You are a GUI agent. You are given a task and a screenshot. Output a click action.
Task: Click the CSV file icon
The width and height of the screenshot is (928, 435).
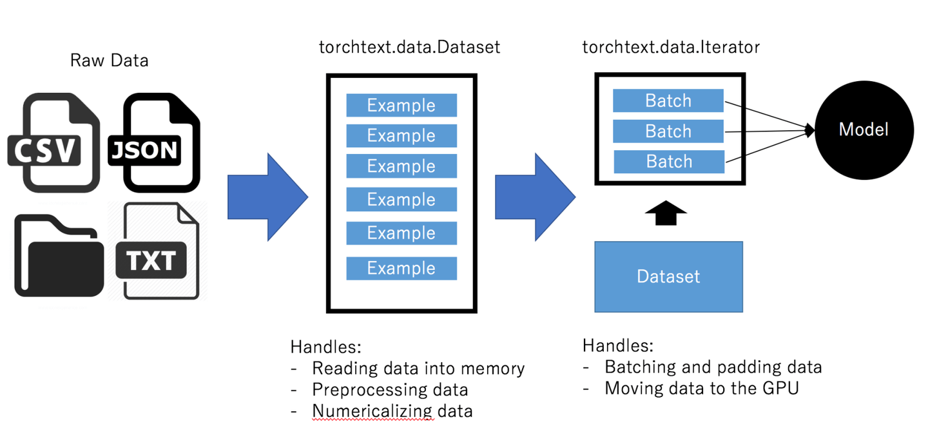(x=53, y=143)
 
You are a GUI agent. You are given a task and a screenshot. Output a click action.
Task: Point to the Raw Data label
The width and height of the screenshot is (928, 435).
(x=109, y=61)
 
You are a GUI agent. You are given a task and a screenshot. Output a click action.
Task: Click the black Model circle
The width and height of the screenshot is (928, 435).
(x=864, y=130)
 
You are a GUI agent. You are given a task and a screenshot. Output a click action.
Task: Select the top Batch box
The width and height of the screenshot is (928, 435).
(x=668, y=101)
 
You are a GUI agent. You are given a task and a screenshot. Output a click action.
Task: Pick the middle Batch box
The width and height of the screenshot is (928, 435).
(x=668, y=131)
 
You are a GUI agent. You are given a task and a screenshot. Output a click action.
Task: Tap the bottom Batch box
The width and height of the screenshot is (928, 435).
(x=669, y=162)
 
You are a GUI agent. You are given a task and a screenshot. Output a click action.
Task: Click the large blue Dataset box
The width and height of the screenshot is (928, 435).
(x=668, y=276)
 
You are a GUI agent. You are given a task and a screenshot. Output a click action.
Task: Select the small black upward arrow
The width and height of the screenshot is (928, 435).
(x=666, y=213)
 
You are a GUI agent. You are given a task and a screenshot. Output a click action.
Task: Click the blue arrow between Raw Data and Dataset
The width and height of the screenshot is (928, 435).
(x=267, y=197)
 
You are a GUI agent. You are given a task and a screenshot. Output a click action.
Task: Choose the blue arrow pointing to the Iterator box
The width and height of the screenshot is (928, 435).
(x=535, y=197)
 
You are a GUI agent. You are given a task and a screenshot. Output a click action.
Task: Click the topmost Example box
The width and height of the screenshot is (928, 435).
(x=401, y=105)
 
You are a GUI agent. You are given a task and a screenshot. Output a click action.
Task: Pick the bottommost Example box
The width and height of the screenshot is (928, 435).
(x=401, y=268)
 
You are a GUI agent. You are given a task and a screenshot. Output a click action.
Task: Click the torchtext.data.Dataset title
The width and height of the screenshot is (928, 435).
(x=409, y=47)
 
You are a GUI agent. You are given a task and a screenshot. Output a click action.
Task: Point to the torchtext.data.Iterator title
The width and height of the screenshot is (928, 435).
(x=671, y=47)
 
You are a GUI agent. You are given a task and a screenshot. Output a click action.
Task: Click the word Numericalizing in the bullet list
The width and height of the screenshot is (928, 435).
(x=372, y=411)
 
